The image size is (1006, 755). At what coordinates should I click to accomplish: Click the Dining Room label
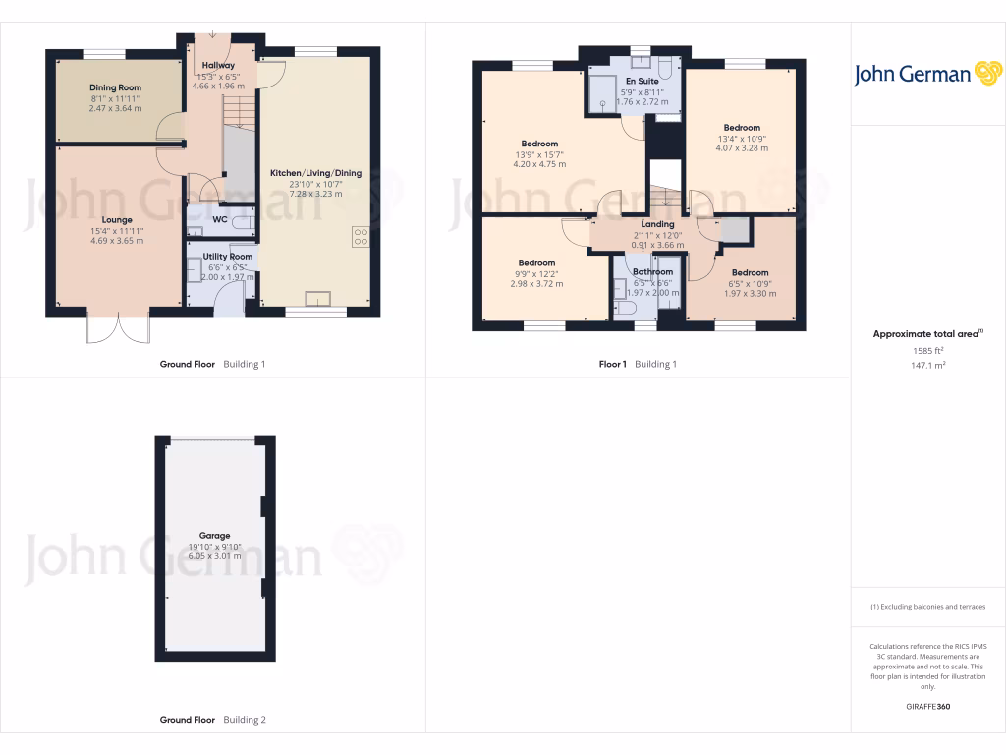(x=116, y=87)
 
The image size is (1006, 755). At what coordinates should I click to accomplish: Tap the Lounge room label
(x=117, y=220)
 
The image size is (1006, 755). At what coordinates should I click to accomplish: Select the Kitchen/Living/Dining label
(x=315, y=173)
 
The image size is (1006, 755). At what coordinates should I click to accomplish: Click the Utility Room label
(x=228, y=257)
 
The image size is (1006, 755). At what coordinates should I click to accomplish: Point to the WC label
(x=220, y=219)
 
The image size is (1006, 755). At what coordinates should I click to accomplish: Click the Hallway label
(x=217, y=65)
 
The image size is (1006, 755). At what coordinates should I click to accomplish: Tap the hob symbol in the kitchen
(x=360, y=236)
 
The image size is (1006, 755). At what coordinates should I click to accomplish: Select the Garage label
(x=214, y=536)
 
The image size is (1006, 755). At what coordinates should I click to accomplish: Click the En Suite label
(x=642, y=81)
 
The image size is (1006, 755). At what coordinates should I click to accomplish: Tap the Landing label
(x=657, y=224)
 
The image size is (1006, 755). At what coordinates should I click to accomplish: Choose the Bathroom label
(x=652, y=272)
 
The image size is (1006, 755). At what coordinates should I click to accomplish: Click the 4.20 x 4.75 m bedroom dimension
(x=539, y=164)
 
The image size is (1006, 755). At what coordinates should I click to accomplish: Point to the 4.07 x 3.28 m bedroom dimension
(x=742, y=148)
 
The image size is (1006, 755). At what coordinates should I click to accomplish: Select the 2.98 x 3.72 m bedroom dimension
(x=536, y=283)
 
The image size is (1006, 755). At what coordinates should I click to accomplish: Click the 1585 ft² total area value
(x=927, y=350)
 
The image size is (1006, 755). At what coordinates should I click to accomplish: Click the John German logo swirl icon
(x=987, y=74)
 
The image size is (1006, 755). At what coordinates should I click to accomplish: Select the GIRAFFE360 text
(x=927, y=707)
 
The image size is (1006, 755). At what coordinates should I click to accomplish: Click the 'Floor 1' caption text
(x=612, y=364)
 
